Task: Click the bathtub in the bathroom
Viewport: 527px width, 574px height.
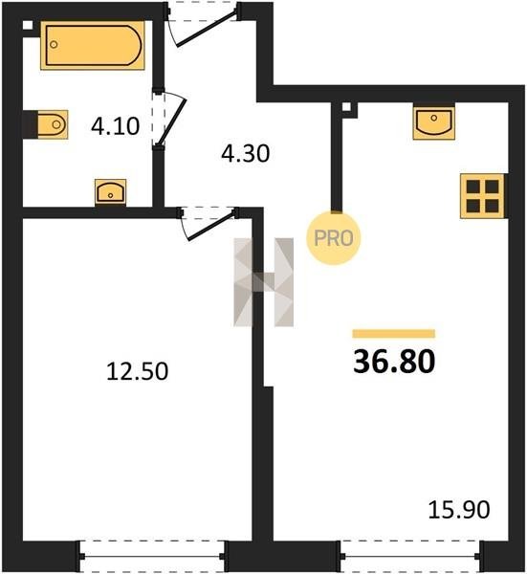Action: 93,45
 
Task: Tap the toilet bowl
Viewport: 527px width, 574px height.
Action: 53,124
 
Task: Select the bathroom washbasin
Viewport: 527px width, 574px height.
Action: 111,192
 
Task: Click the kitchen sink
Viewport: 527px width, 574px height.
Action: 434,122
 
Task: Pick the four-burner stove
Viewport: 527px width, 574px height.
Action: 482,196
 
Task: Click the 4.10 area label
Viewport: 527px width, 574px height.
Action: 116,126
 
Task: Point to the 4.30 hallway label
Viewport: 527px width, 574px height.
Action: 246,153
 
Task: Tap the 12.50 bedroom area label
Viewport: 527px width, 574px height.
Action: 138,371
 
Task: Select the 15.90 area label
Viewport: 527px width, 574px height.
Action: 459,510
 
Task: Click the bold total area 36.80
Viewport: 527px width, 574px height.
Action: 394,362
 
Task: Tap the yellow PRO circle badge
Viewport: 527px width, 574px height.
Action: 334,238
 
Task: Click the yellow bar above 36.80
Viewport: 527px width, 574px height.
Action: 394,334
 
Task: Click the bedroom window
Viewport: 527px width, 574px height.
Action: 153,557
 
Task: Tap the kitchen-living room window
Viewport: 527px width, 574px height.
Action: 410,557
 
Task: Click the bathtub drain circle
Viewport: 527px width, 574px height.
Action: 54,45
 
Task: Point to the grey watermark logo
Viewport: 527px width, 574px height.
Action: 264,282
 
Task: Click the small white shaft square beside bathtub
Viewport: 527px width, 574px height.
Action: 28,25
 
